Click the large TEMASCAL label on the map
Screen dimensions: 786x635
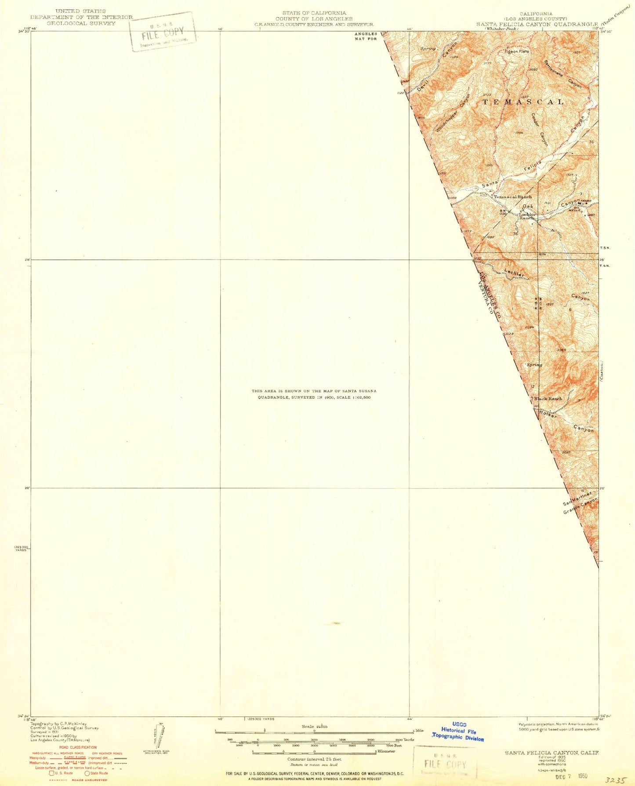pyautogui.click(x=523, y=102)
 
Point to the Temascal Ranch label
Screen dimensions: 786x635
pyautogui.click(x=512, y=197)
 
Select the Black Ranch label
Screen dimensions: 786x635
pyautogui.click(x=548, y=399)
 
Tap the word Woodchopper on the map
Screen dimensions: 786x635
pyautogui.click(x=447, y=120)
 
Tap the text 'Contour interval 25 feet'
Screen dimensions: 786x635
pyautogui.click(x=314, y=759)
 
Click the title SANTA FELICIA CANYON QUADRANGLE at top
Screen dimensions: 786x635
pyautogui.click(x=537, y=24)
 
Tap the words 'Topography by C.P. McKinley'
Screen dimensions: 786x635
pyautogui.click(x=58, y=724)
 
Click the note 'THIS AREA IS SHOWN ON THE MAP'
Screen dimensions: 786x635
pyautogui.click(x=314, y=391)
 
